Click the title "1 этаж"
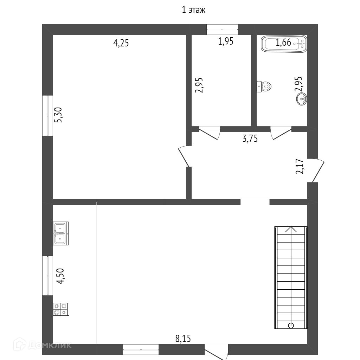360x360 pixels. (193, 10)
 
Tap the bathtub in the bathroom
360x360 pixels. (284, 44)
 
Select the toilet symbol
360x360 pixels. (264, 86)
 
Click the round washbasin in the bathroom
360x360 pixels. (302, 99)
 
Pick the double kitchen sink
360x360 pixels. (61, 233)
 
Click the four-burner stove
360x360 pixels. (61, 309)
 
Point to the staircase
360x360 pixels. (291, 278)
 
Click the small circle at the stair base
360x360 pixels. (291, 325)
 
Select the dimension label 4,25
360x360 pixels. (121, 43)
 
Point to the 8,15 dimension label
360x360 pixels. (183, 339)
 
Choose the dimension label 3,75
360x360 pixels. (250, 139)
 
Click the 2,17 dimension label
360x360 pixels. (300, 166)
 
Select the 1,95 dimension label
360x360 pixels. (225, 41)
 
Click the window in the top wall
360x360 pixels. (222, 30)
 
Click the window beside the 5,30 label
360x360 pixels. (48, 115)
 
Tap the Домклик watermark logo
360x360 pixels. (42, 345)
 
